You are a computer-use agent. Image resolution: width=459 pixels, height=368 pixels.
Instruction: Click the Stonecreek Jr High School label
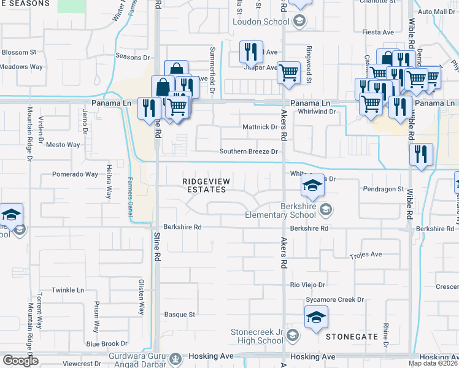[256, 336]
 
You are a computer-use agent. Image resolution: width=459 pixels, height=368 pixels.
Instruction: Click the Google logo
[20, 360]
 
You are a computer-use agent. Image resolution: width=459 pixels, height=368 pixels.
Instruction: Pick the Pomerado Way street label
[75, 174]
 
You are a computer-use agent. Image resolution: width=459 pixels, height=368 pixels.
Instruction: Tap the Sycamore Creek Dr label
[335, 300]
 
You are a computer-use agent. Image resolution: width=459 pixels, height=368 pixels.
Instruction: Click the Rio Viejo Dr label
[307, 285]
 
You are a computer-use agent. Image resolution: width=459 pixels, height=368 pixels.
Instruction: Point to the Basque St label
[179, 315]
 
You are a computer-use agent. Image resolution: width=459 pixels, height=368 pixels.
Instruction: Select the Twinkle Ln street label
[67, 289]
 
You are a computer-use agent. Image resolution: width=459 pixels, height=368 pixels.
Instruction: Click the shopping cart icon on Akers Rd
[288, 72]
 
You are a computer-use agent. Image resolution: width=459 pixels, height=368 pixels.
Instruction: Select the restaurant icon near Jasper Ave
[250, 52]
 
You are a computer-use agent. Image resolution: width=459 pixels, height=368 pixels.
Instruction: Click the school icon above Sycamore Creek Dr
[315, 317]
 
